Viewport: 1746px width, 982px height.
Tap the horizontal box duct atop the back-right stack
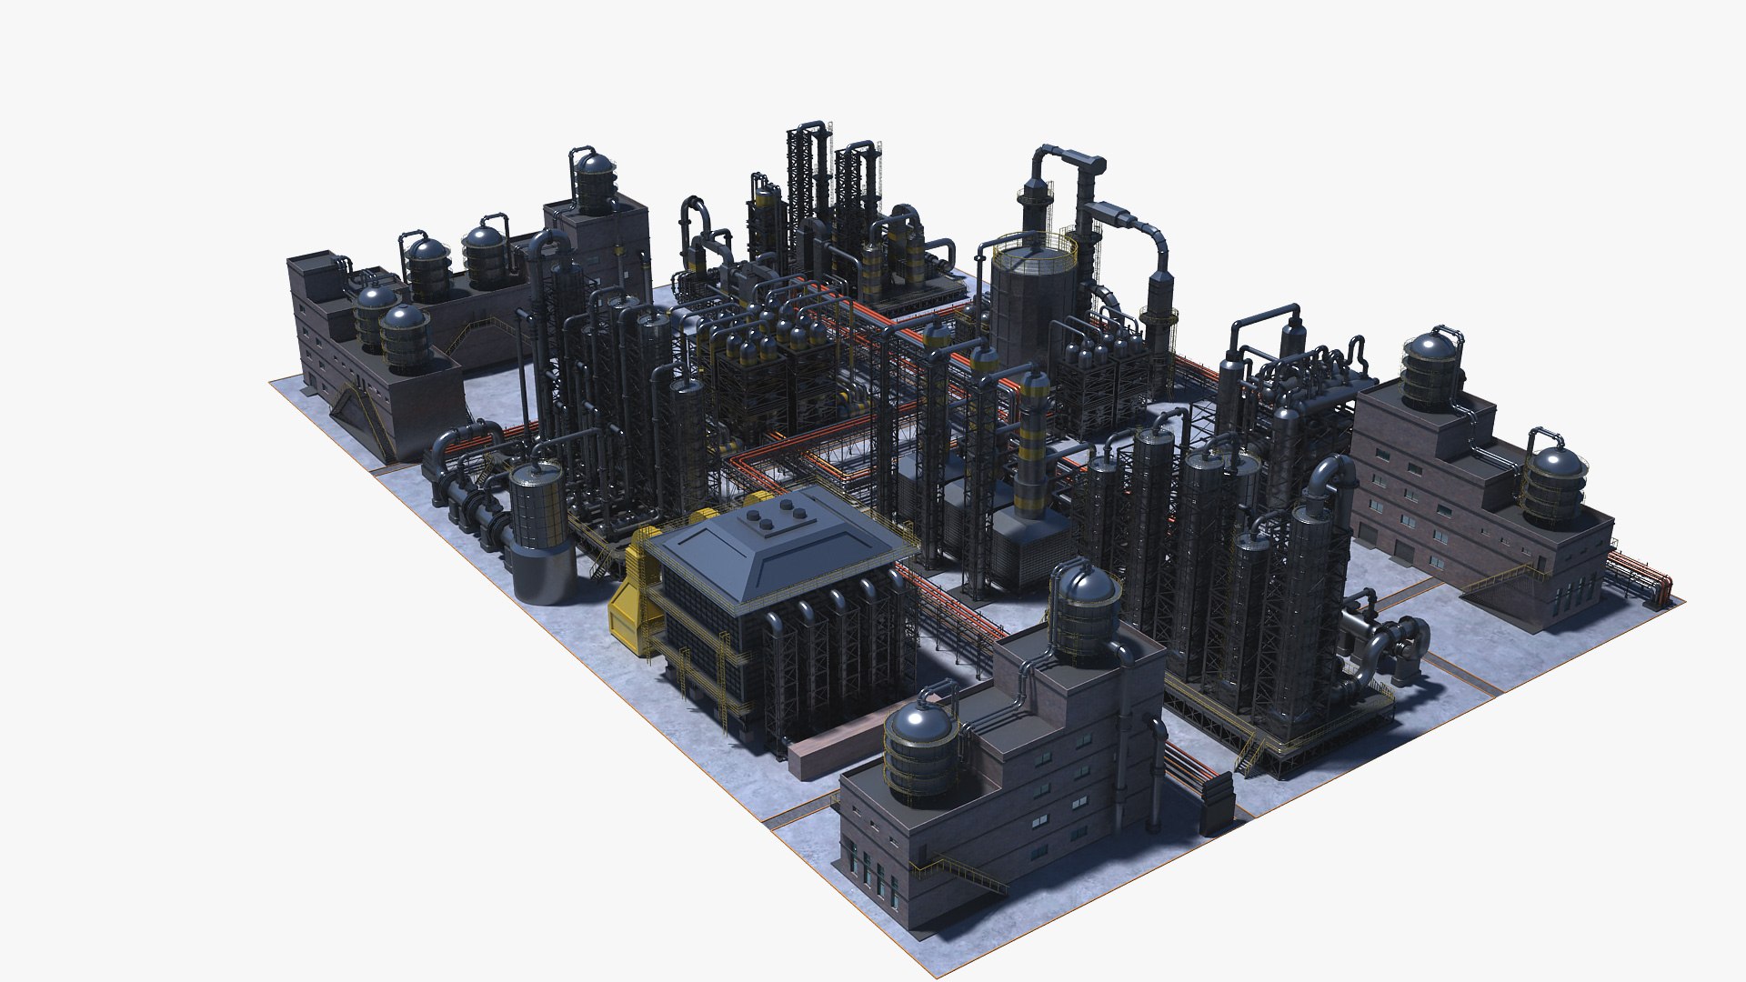(1119, 218)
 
